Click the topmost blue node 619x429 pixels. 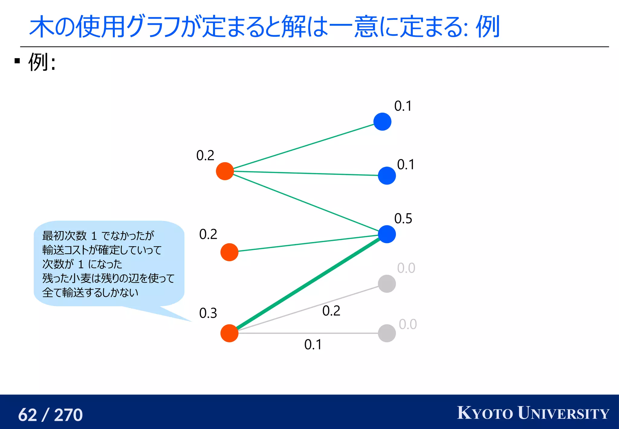coord(382,122)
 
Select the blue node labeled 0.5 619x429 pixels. coord(387,234)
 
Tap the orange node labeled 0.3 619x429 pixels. coord(229,333)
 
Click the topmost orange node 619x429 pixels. coord(225,171)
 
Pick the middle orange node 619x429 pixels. coord(229,252)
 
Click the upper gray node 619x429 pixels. coord(387,284)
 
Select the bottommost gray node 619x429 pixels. coord(387,333)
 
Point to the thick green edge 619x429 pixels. coord(308,284)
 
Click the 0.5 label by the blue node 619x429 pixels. coord(403,218)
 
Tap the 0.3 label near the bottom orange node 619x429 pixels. coord(208,313)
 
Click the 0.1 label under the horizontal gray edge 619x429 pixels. coord(313,345)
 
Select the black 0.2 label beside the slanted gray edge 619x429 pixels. coord(331,311)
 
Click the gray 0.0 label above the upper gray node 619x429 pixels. coord(406,268)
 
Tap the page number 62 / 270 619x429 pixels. coord(50,415)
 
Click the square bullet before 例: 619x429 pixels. coord(17,61)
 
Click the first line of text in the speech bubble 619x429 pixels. coord(98,235)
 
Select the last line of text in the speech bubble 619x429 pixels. coord(90,292)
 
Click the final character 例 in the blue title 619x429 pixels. coord(488,27)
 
